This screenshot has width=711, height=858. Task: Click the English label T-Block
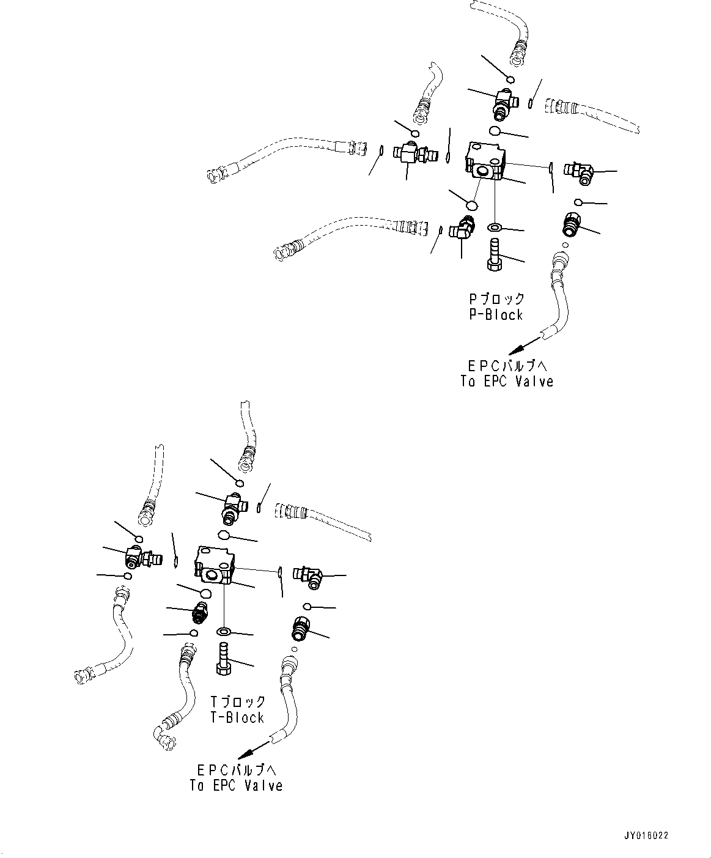pos(237,718)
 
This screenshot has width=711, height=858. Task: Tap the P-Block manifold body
pos(485,161)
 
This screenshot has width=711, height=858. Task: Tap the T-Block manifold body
pos(214,564)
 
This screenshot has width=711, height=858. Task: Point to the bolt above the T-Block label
pos(223,658)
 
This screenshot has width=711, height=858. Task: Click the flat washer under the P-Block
pos(494,228)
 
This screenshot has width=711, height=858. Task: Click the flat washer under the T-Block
pos(224,631)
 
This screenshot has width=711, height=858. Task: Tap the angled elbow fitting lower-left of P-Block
pos(462,229)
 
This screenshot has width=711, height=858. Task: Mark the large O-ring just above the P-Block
pos(494,131)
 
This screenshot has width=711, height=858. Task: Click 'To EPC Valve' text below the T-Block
pos(236,785)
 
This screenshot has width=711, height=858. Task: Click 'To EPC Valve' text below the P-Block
pos(507,381)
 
